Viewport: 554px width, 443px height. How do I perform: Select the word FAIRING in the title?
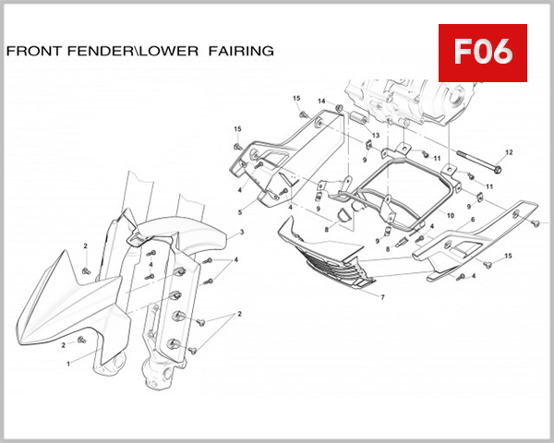[240, 52]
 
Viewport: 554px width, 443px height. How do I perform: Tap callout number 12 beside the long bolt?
[509, 152]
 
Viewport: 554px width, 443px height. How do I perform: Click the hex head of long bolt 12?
[498, 169]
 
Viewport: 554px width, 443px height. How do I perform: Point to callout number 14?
[322, 101]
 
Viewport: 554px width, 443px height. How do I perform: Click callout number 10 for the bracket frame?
[451, 215]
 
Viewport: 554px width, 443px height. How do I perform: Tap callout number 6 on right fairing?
[473, 220]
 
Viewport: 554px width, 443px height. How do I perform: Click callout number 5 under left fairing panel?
[239, 212]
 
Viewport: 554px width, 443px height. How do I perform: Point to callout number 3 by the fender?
[241, 232]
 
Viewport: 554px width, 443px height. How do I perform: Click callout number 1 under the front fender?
[67, 365]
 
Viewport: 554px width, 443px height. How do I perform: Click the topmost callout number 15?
[296, 98]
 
